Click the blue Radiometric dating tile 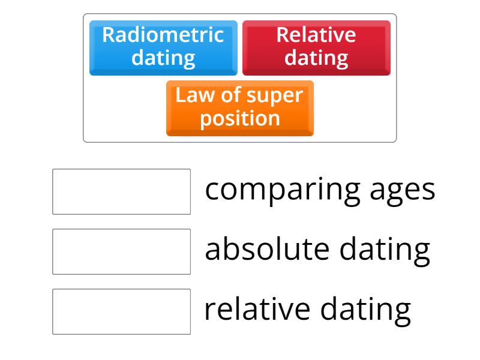[x=163, y=47]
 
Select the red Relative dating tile [x=316, y=47]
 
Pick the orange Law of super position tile [x=239, y=108]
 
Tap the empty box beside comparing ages [x=121, y=191]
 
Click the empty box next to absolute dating [x=121, y=251]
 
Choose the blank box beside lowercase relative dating [x=121, y=311]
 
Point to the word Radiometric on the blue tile [x=163, y=35]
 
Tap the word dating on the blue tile [x=163, y=59]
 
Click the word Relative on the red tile [x=316, y=35]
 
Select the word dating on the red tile [x=316, y=59]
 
